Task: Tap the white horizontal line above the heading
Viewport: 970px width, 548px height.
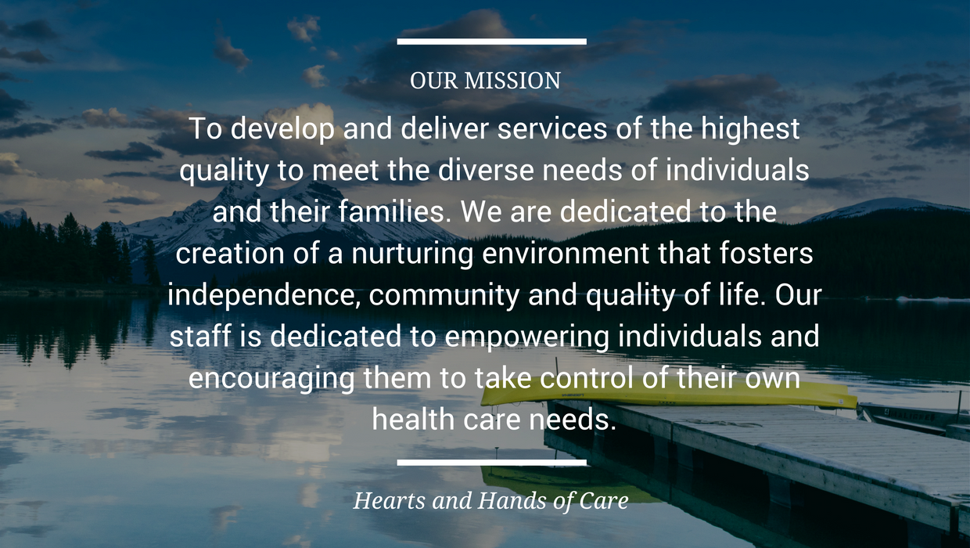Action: (491, 41)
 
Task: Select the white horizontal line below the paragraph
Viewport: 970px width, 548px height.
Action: (491, 463)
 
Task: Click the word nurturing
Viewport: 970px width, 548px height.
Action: (411, 255)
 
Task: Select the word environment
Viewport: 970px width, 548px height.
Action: (566, 254)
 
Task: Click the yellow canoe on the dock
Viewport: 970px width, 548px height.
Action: (669, 393)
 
